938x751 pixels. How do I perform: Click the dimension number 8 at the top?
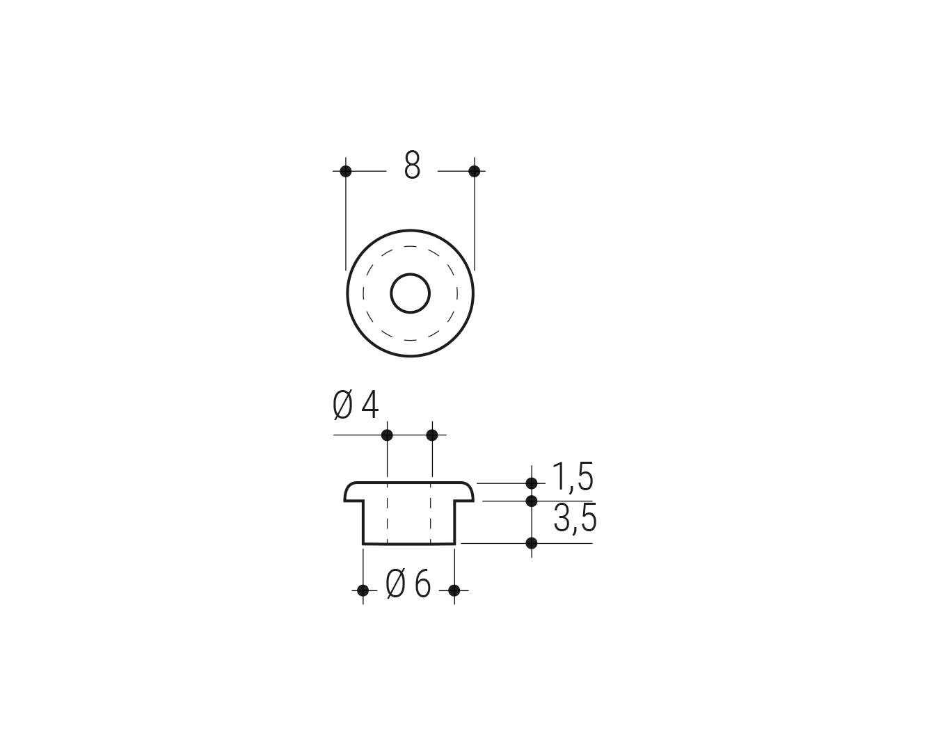pos(412,165)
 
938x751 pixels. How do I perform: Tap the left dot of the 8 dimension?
pos(346,171)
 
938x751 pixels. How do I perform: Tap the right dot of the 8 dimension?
pos(475,171)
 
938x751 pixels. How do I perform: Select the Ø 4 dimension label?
pos(356,405)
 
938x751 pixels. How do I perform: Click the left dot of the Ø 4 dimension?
pos(387,435)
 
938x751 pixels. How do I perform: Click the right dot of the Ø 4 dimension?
pos(432,435)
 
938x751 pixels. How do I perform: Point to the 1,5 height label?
pos(573,477)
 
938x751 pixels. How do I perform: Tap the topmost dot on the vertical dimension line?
pos(532,483)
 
